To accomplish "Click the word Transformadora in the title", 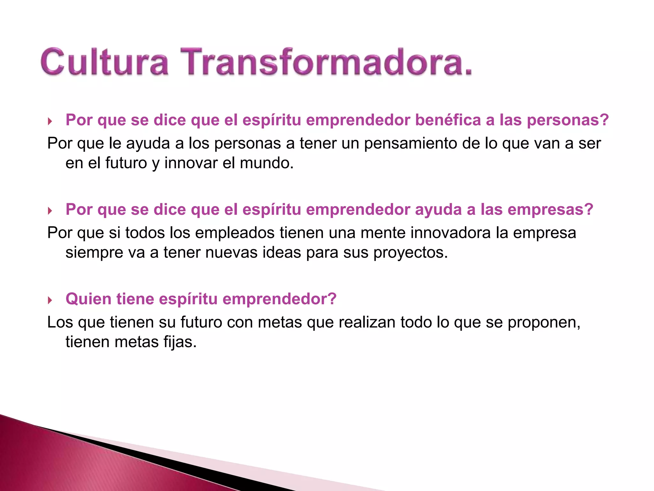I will (x=326, y=62).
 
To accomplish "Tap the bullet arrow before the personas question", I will (x=50, y=121).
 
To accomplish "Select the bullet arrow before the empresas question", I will (x=50, y=211).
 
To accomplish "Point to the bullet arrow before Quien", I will (x=50, y=300).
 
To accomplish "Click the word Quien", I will (x=88, y=299).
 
